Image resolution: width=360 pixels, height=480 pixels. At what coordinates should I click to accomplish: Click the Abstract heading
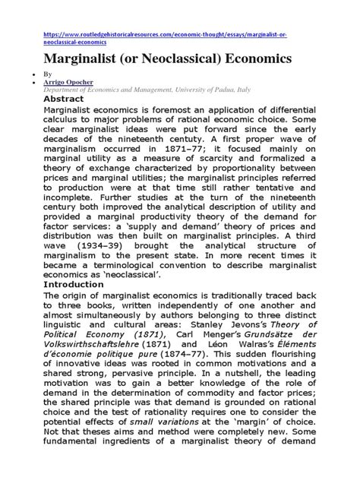pyautogui.click(x=64, y=99)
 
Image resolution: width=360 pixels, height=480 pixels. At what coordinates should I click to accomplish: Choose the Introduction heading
pyautogui.click(x=74, y=284)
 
